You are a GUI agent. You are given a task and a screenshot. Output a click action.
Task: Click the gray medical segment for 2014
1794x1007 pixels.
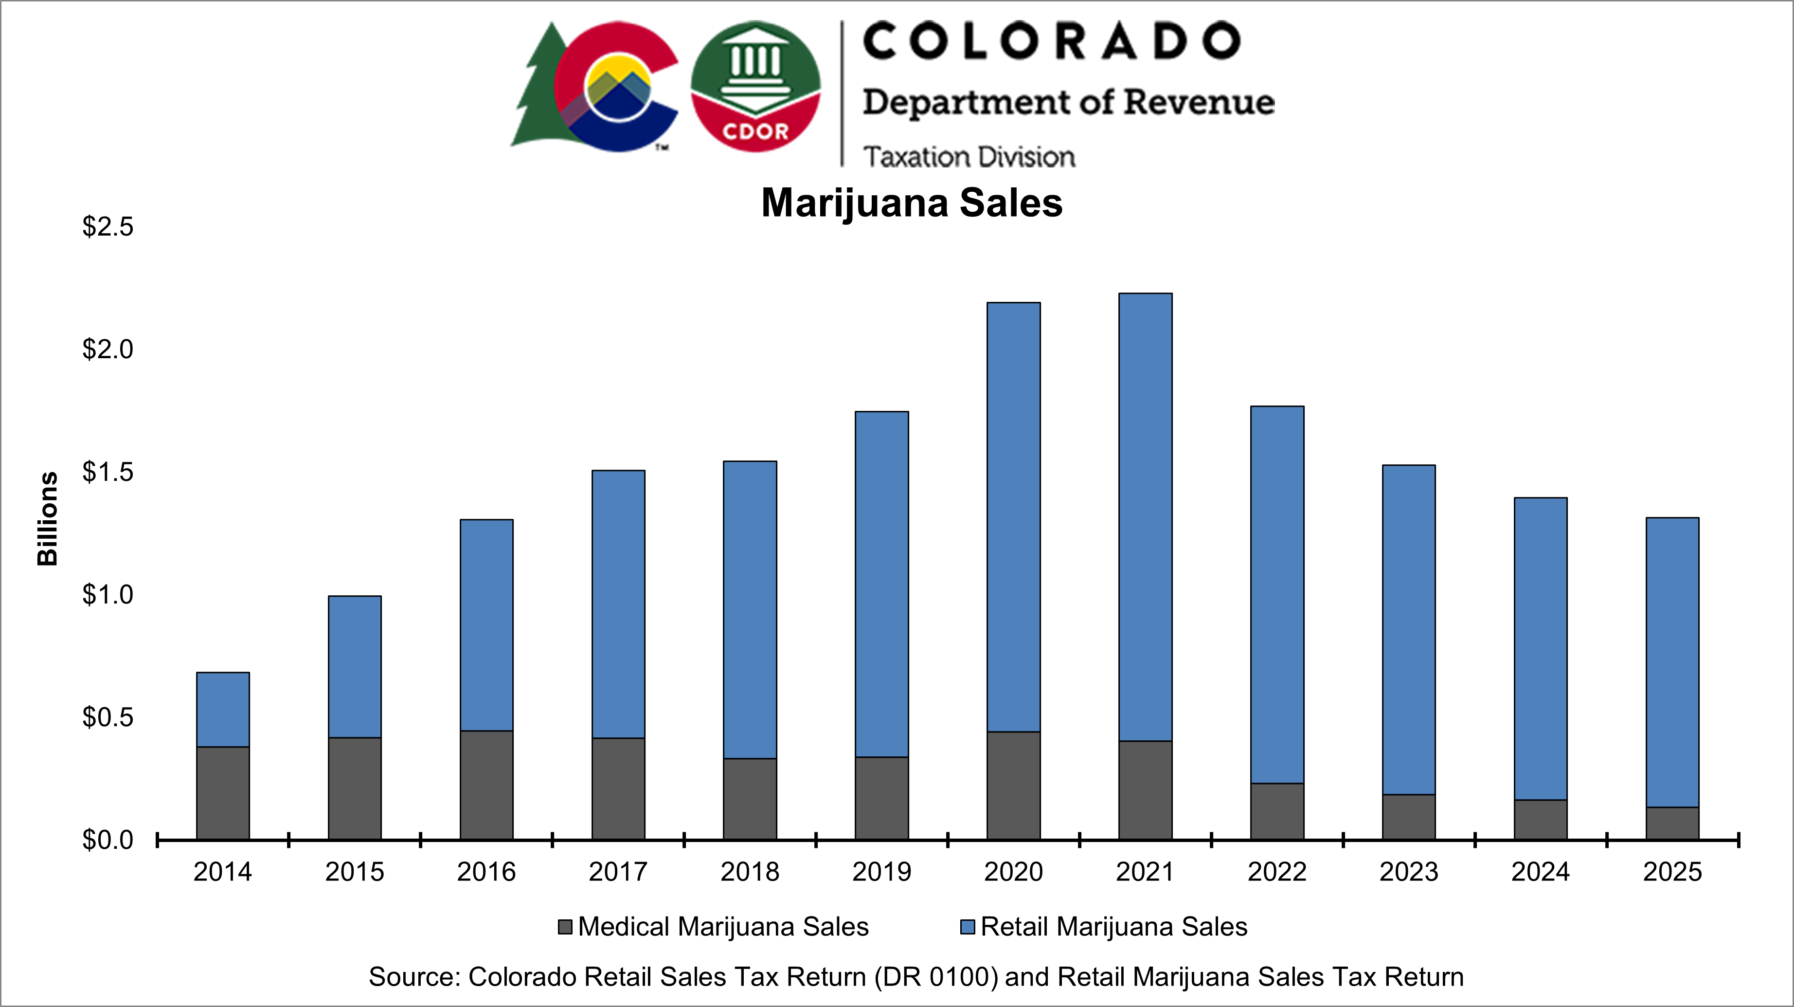pos(223,793)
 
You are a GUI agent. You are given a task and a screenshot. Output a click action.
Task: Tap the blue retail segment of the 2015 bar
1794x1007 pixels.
pos(355,666)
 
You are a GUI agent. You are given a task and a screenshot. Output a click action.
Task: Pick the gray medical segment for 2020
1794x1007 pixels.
pos(1013,786)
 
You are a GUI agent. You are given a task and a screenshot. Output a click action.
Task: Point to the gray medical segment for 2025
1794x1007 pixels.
pos(1672,823)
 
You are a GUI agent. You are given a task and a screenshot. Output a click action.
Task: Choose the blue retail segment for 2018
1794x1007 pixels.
pos(750,610)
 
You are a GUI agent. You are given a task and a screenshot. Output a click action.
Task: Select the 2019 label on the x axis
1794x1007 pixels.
pos(882,872)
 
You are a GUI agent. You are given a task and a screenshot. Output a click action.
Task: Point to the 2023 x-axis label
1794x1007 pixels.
pos(1409,872)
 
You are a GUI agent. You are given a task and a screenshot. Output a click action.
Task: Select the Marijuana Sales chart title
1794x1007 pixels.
pos(912,203)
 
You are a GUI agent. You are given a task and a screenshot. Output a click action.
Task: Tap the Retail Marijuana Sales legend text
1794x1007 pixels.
pos(1113,927)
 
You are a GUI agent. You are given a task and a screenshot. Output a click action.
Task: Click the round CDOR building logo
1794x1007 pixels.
pos(755,87)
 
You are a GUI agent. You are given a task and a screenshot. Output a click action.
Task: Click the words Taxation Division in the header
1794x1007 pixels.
pos(969,157)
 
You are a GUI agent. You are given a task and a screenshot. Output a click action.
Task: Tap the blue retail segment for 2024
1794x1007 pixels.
pos(1541,648)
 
